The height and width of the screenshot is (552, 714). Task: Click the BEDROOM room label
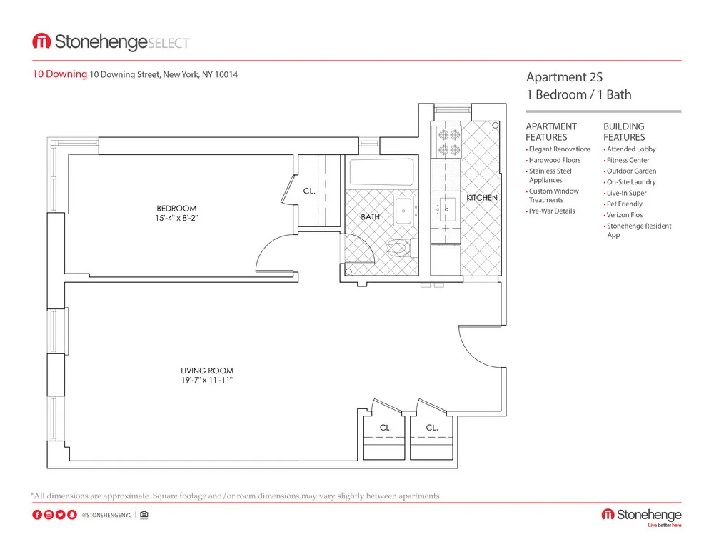coord(176,209)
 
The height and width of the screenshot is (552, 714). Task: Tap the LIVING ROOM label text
coord(206,371)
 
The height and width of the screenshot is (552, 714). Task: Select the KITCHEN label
coord(482,198)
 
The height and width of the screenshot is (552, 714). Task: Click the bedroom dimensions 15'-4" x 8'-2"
coord(176,218)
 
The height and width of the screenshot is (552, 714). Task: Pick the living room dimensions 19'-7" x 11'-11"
coord(206,380)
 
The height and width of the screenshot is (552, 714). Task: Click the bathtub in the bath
coord(381,172)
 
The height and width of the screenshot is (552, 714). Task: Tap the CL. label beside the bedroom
coord(309,191)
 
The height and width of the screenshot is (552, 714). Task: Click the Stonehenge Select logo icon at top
coord(41,42)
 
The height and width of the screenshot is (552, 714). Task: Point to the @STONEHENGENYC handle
coord(106,515)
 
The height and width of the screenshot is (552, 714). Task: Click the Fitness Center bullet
coord(628,160)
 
